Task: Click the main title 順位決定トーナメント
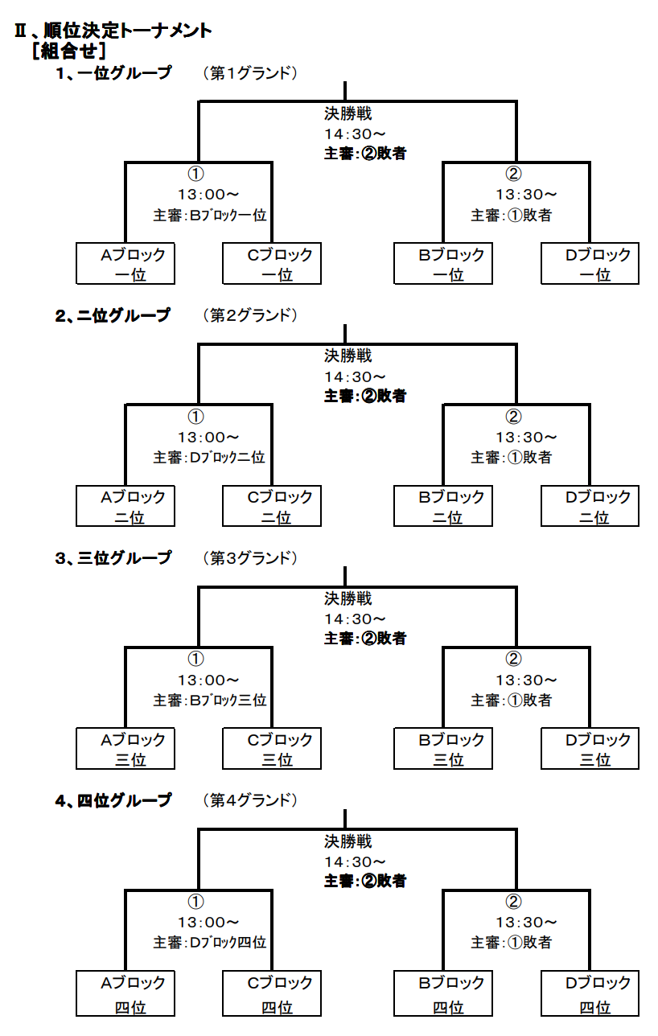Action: [128, 31]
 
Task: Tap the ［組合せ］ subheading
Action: [69, 51]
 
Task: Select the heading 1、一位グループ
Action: [113, 73]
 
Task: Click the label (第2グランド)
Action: [250, 315]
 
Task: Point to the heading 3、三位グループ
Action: [113, 557]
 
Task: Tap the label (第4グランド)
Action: [250, 800]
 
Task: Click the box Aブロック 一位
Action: [125, 264]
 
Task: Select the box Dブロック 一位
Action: [590, 264]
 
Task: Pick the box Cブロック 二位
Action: [272, 506]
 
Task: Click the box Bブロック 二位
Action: [443, 506]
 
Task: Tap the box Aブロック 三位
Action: [125, 748]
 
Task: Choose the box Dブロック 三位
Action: [590, 748]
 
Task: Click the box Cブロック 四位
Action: [272, 993]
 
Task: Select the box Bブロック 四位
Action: [443, 993]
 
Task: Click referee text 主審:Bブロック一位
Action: [210, 215]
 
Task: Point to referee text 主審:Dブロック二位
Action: [209, 458]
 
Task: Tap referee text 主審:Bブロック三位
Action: [210, 701]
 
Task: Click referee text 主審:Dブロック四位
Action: [210, 943]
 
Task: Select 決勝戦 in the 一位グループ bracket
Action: [348, 113]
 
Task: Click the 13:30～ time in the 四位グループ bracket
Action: [527, 923]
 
